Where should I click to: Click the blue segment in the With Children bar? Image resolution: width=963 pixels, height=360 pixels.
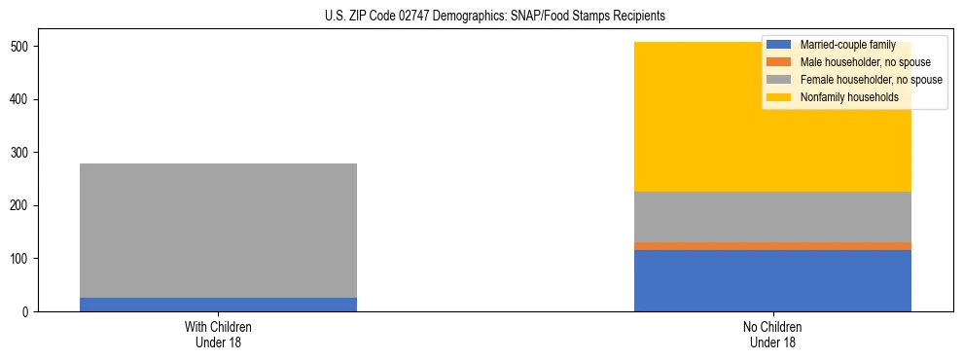[218, 305]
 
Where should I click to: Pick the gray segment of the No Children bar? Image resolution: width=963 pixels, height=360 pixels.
[772, 216]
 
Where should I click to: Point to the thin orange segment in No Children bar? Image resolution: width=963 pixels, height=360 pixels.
[772, 246]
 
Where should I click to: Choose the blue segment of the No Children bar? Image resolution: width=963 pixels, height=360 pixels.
[772, 280]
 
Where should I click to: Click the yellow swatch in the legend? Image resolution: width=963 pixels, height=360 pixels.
[779, 97]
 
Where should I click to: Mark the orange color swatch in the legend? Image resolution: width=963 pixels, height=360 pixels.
[779, 62]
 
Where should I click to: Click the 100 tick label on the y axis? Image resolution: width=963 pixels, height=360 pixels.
[26, 259]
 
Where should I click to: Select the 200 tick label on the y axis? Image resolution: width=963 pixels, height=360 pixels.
[26, 205]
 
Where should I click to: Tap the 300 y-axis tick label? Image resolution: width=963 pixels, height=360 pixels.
[26, 153]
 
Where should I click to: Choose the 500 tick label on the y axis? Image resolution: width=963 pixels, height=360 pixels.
[26, 47]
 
